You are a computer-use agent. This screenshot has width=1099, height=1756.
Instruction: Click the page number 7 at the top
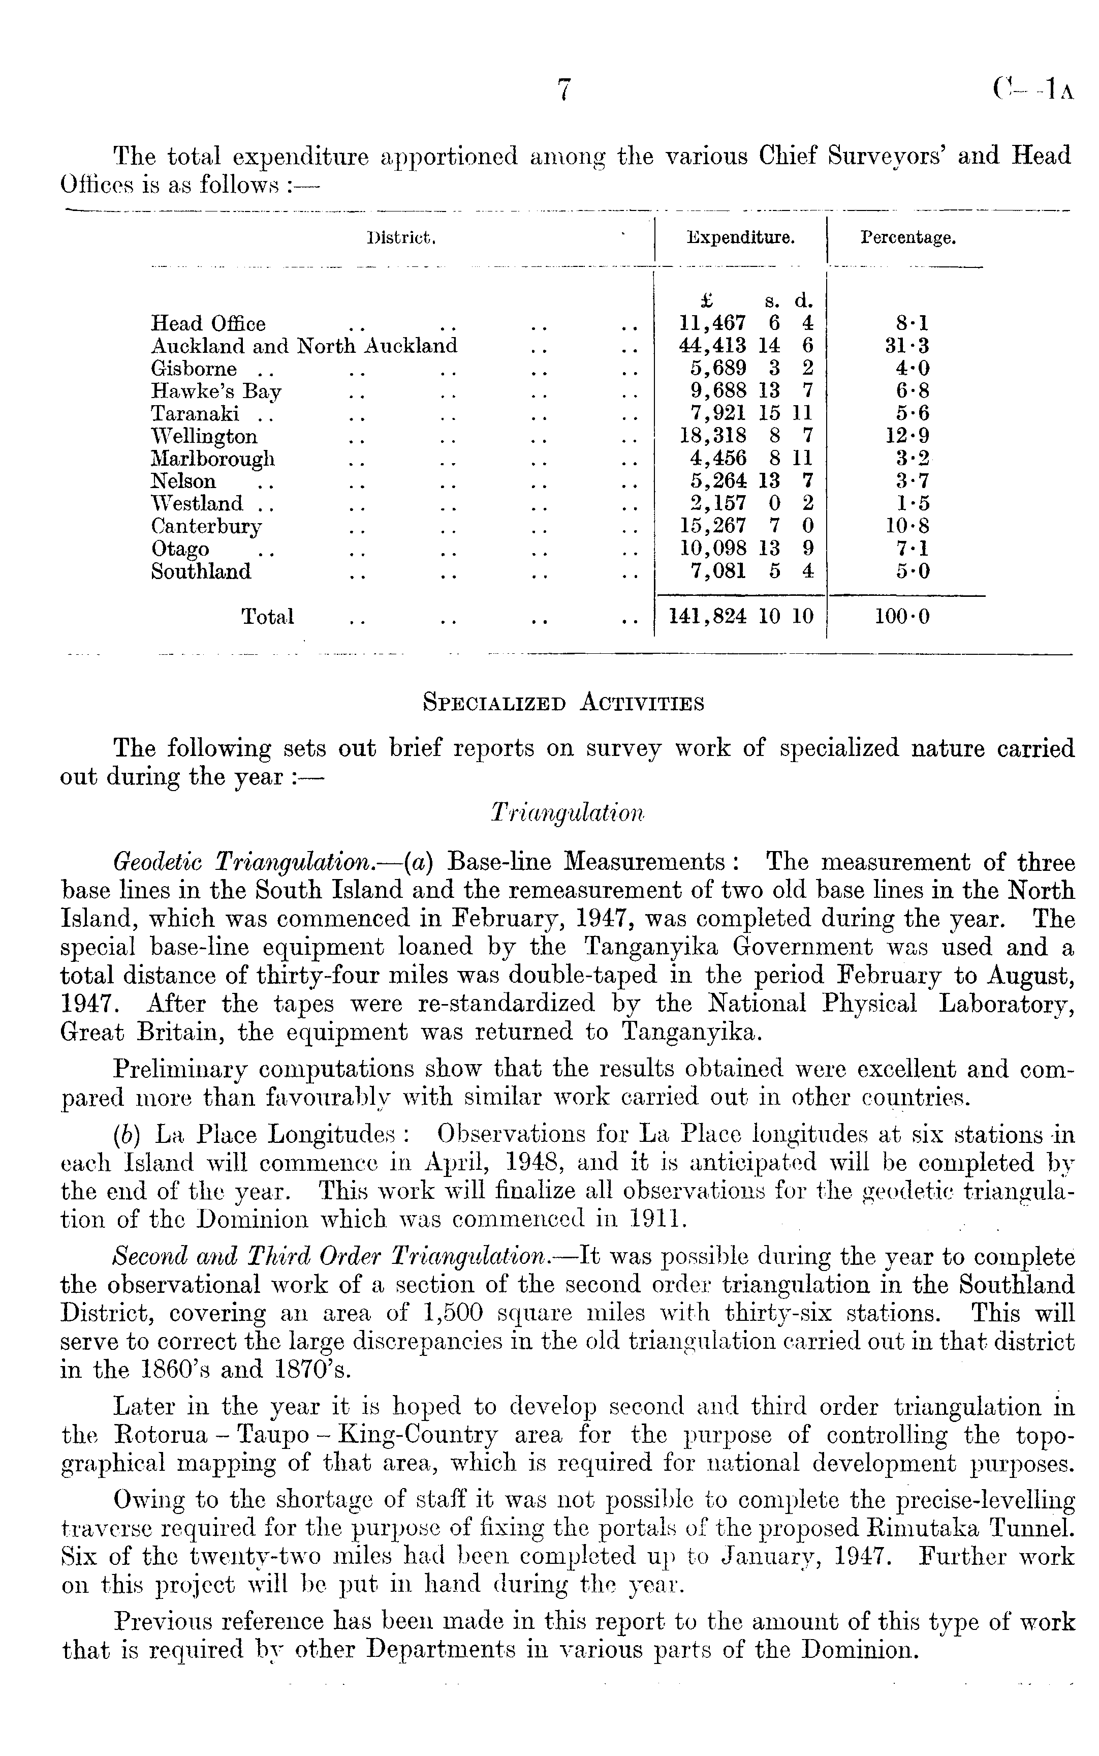click(564, 90)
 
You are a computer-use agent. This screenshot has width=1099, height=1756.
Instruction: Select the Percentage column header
click(908, 238)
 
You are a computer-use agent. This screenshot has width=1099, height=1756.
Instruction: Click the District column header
click(401, 238)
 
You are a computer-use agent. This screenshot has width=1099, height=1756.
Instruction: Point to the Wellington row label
click(204, 436)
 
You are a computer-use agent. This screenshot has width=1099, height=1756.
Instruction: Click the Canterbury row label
click(206, 526)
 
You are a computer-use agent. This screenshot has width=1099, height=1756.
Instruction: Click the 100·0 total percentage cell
click(901, 617)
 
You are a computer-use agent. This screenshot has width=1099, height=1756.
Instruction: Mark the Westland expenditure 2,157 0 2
click(751, 504)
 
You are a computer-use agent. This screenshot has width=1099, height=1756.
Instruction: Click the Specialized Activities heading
click(563, 703)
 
